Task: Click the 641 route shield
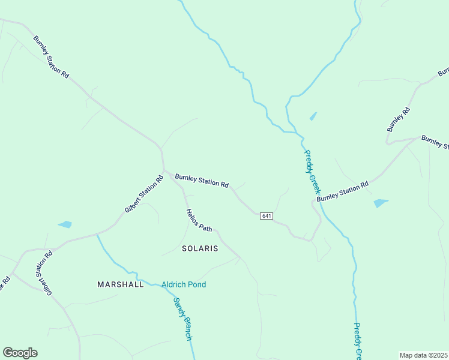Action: coord(267,216)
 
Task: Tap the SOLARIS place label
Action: coord(200,248)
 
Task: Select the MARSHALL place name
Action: coord(121,284)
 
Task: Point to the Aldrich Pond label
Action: coord(184,284)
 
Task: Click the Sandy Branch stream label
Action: coord(182,319)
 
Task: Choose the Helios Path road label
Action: coord(199,221)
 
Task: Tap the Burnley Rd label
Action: coord(399,119)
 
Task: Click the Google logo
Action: coord(20,353)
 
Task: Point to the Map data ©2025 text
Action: coord(423,355)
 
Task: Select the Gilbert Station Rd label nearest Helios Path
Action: coord(144,194)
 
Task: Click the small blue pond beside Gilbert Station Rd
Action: coord(65,225)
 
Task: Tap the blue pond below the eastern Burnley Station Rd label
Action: coord(381,203)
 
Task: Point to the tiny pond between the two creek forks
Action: coord(313,116)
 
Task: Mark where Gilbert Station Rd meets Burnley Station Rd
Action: coord(163,170)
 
